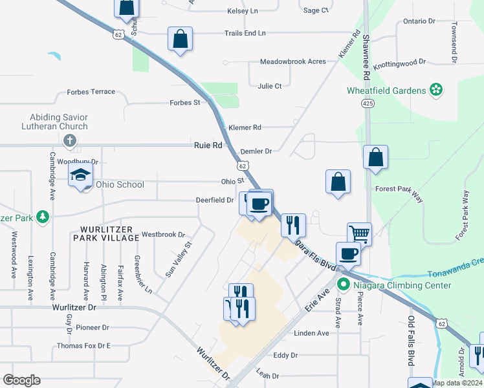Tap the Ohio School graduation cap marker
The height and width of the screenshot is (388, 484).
click(x=81, y=175)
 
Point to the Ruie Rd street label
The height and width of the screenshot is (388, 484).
click(x=208, y=145)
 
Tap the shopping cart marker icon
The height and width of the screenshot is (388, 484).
click(x=359, y=234)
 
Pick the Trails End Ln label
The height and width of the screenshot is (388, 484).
click(x=245, y=32)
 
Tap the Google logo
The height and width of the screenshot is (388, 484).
click(x=21, y=380)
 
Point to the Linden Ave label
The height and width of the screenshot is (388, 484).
click(x=311, y=333)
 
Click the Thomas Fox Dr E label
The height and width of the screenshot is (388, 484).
click(x=83, y=346)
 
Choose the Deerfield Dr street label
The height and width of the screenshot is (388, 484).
click(x=215, y=200)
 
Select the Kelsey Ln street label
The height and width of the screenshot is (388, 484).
click(x=243, y=11)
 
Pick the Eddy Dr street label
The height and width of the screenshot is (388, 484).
click(x=285, y=355)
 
